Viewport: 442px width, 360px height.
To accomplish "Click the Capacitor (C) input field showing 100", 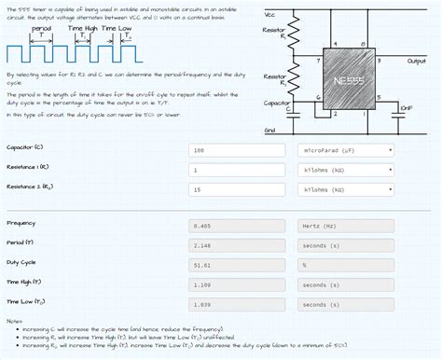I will [238, 149].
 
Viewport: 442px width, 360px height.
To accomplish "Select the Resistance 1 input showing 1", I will [238, 170].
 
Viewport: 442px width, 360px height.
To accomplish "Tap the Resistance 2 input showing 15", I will [238, 189].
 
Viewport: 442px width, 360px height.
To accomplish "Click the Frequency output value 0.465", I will [238, 226].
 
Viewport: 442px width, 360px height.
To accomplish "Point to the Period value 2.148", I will [238, 245].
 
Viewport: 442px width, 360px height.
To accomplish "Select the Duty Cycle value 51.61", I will [238, 265].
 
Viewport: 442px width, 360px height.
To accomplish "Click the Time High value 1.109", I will [238, 284].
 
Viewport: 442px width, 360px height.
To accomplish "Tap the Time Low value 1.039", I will [238, 304].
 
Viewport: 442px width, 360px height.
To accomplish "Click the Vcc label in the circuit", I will [270, 14].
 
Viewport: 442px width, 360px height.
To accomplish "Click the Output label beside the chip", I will [416, 61].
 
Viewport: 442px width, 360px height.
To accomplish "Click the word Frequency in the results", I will [21, 223].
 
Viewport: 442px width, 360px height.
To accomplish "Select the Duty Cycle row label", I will [21, 262].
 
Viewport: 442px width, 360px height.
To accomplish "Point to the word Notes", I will [14, 321].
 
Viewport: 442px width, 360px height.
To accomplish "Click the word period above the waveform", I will [41, 29].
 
